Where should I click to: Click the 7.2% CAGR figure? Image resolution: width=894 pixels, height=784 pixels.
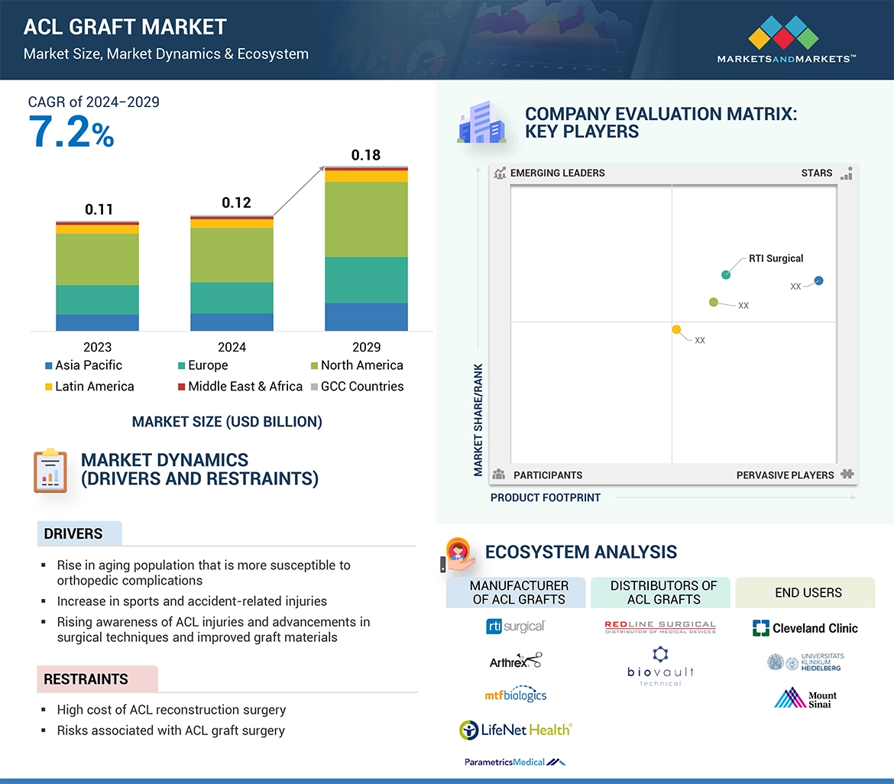[71, 131]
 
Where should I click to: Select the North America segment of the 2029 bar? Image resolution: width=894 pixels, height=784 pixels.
[366, 219]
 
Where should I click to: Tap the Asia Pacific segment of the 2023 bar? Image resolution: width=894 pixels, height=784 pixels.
[97, 322]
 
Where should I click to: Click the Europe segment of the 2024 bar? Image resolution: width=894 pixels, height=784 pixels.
[232, 298]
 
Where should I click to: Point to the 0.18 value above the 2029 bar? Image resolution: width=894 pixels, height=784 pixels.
[366, 155]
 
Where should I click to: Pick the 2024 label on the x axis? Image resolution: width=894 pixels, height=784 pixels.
[232, 347]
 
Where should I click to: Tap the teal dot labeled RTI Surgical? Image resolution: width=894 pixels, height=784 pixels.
[726, 275]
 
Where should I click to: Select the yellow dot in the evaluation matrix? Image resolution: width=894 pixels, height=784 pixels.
[676, 329]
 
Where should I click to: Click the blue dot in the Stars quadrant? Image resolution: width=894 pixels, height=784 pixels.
[819, 280]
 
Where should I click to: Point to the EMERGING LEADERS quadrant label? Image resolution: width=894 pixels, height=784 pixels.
[557, 173]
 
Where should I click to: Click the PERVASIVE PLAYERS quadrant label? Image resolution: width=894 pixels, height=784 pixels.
[785, 475]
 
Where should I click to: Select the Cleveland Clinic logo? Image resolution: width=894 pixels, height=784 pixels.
[805, 628]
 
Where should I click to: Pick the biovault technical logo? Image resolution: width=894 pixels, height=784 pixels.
[660, 666]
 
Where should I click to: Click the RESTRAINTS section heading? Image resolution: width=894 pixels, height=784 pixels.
[86, 679]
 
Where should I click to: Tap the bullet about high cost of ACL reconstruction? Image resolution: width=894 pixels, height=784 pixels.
[171, 710]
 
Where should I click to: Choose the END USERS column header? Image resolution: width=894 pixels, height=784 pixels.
[808, 593]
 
